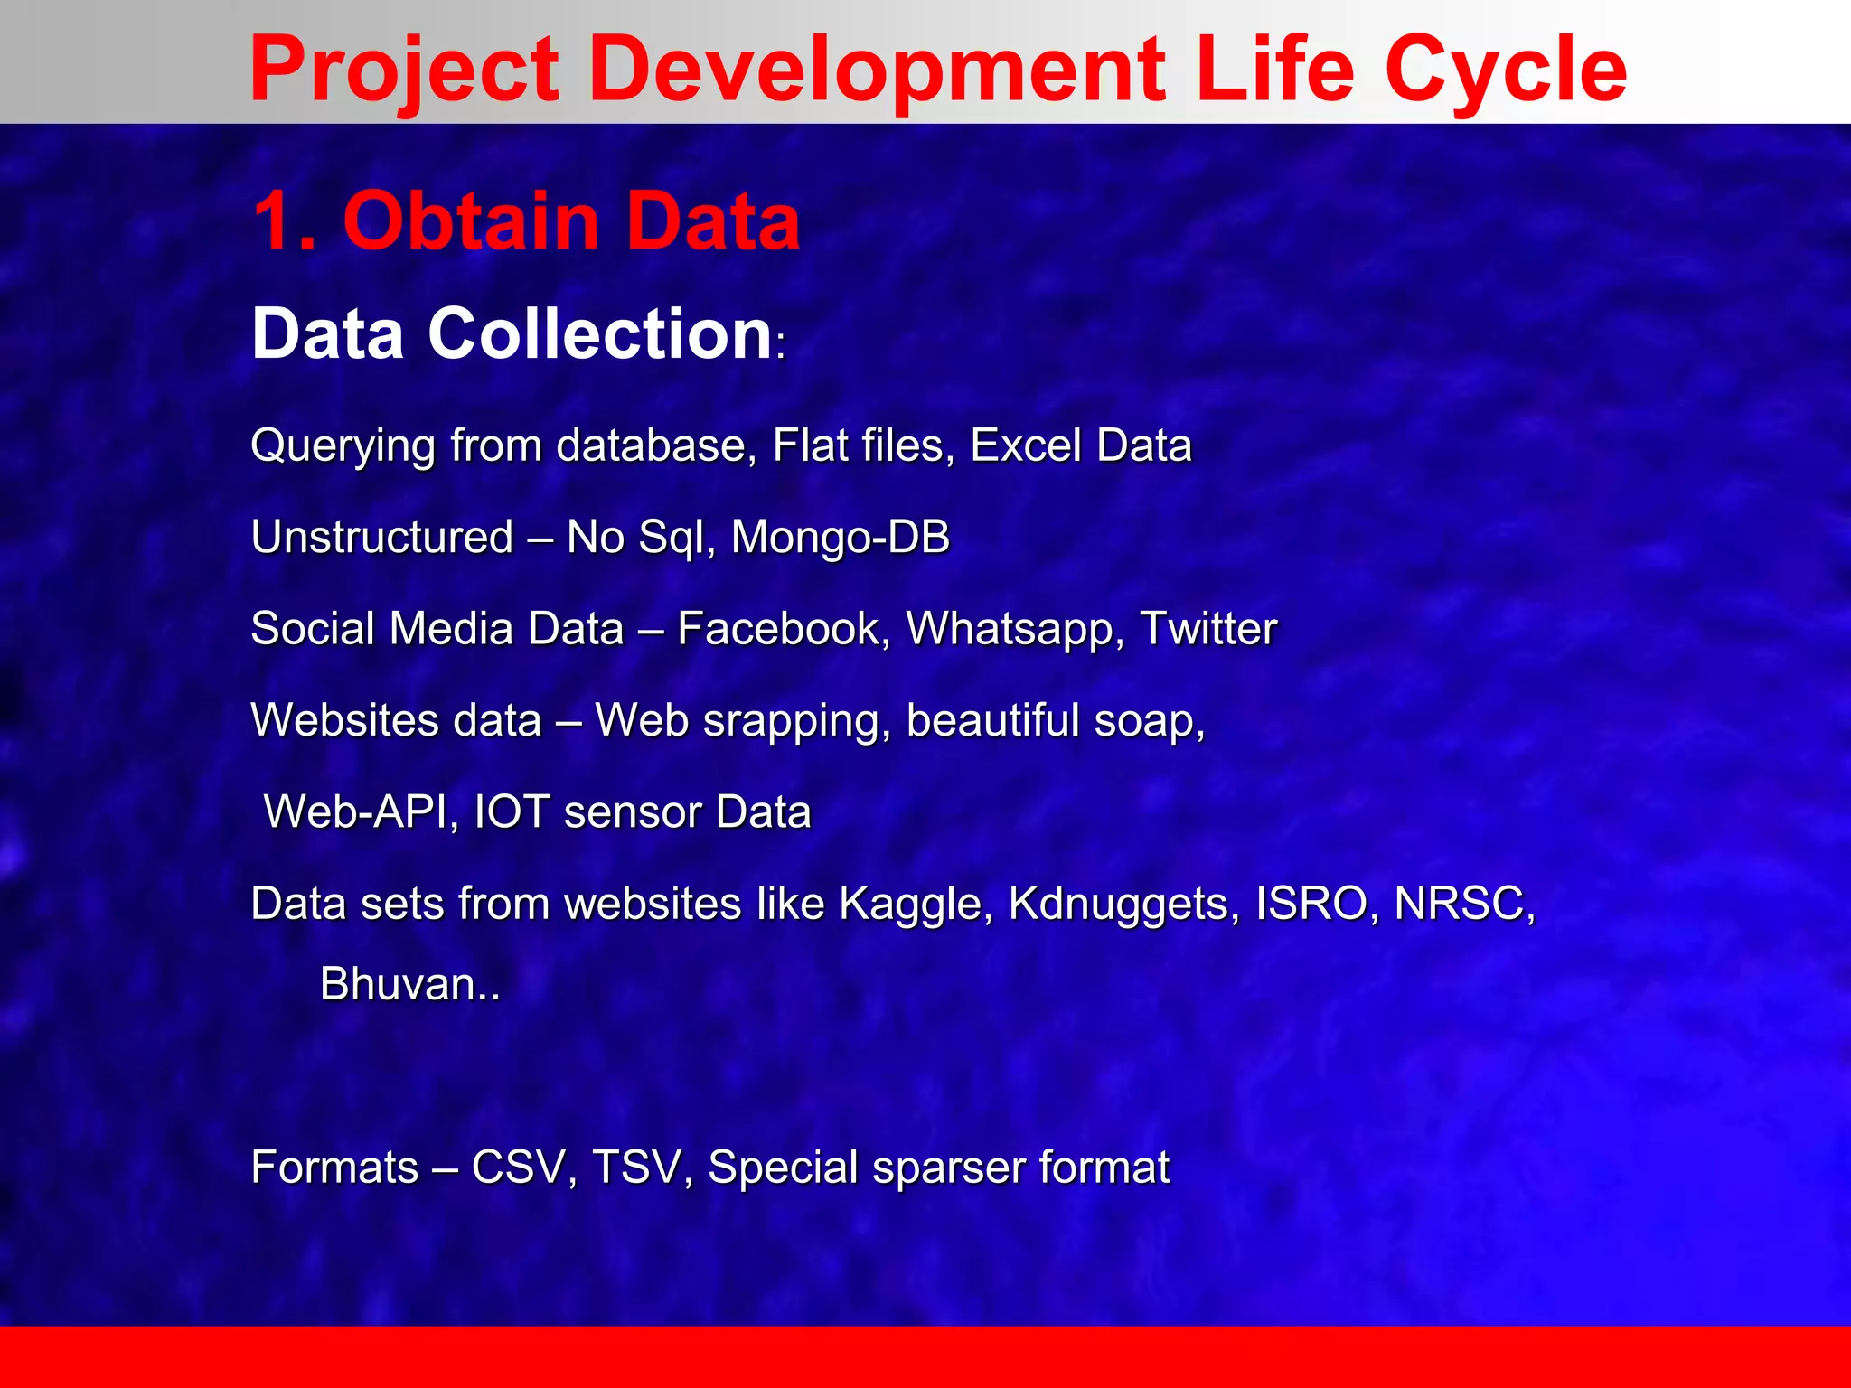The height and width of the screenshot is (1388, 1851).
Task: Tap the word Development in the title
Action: coord(877,70)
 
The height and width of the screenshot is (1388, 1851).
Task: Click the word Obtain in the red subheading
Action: coord(471,221)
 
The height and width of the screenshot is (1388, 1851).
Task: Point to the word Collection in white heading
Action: coord(599,333)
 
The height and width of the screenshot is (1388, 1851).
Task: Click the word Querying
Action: coord(343,446)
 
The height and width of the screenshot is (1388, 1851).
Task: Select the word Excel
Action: coord(1026,445)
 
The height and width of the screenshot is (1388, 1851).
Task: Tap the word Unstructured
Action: coord(382,537)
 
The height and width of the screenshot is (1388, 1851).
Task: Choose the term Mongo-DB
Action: coord(841,537)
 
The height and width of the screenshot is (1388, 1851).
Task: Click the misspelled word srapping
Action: coord(796,721)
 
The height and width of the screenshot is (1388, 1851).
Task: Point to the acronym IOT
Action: coord(512,811)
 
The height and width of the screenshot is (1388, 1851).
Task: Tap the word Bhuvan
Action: coord(399,984)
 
